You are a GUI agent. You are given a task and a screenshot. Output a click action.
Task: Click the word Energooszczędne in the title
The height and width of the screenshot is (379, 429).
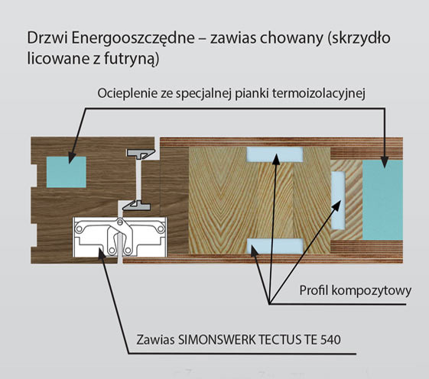pyautogui.click(x=133, y=38)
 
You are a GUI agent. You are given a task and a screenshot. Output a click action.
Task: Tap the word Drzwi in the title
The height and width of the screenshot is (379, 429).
pyautogui.click(x=47, y=38)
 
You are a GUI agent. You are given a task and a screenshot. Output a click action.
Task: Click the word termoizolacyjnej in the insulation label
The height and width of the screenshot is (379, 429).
pyautogui.click(x=319, y=94)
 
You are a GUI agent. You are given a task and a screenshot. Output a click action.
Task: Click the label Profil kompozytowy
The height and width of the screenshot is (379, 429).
pyautogui.click(x=355, y=290)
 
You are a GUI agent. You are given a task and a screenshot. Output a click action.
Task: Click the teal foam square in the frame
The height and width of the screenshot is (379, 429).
pyautogui.click(x=67, y=172)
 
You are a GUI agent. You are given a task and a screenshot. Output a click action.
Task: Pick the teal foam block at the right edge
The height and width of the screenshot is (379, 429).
pyautogui.click(x=382, y=200)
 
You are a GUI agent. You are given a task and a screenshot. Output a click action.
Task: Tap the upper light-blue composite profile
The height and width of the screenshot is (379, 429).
pyautogui.click(x=275, y=154)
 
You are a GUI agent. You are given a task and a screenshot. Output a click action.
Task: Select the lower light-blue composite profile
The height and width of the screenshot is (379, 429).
pyautogui.click(x=275, y=246)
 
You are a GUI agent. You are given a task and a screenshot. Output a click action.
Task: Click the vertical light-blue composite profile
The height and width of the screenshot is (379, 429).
pyautogui.click(x=338, y=200)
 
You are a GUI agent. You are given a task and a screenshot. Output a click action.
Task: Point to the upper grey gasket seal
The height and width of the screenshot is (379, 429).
pyautogui.click(x=141, y=154)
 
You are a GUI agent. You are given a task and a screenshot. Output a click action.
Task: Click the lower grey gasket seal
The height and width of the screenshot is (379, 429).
pyautogui.click(x=137, y=206)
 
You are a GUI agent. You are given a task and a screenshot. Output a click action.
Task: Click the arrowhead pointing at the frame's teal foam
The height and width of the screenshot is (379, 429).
pyautogui.click(x=72, y=157)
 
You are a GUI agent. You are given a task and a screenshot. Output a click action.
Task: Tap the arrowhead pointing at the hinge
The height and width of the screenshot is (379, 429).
pyautogui.click(x=102, y=253)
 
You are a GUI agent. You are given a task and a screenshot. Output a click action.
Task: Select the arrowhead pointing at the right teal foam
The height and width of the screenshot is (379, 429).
pyautogui.click(x=385, y=161)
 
